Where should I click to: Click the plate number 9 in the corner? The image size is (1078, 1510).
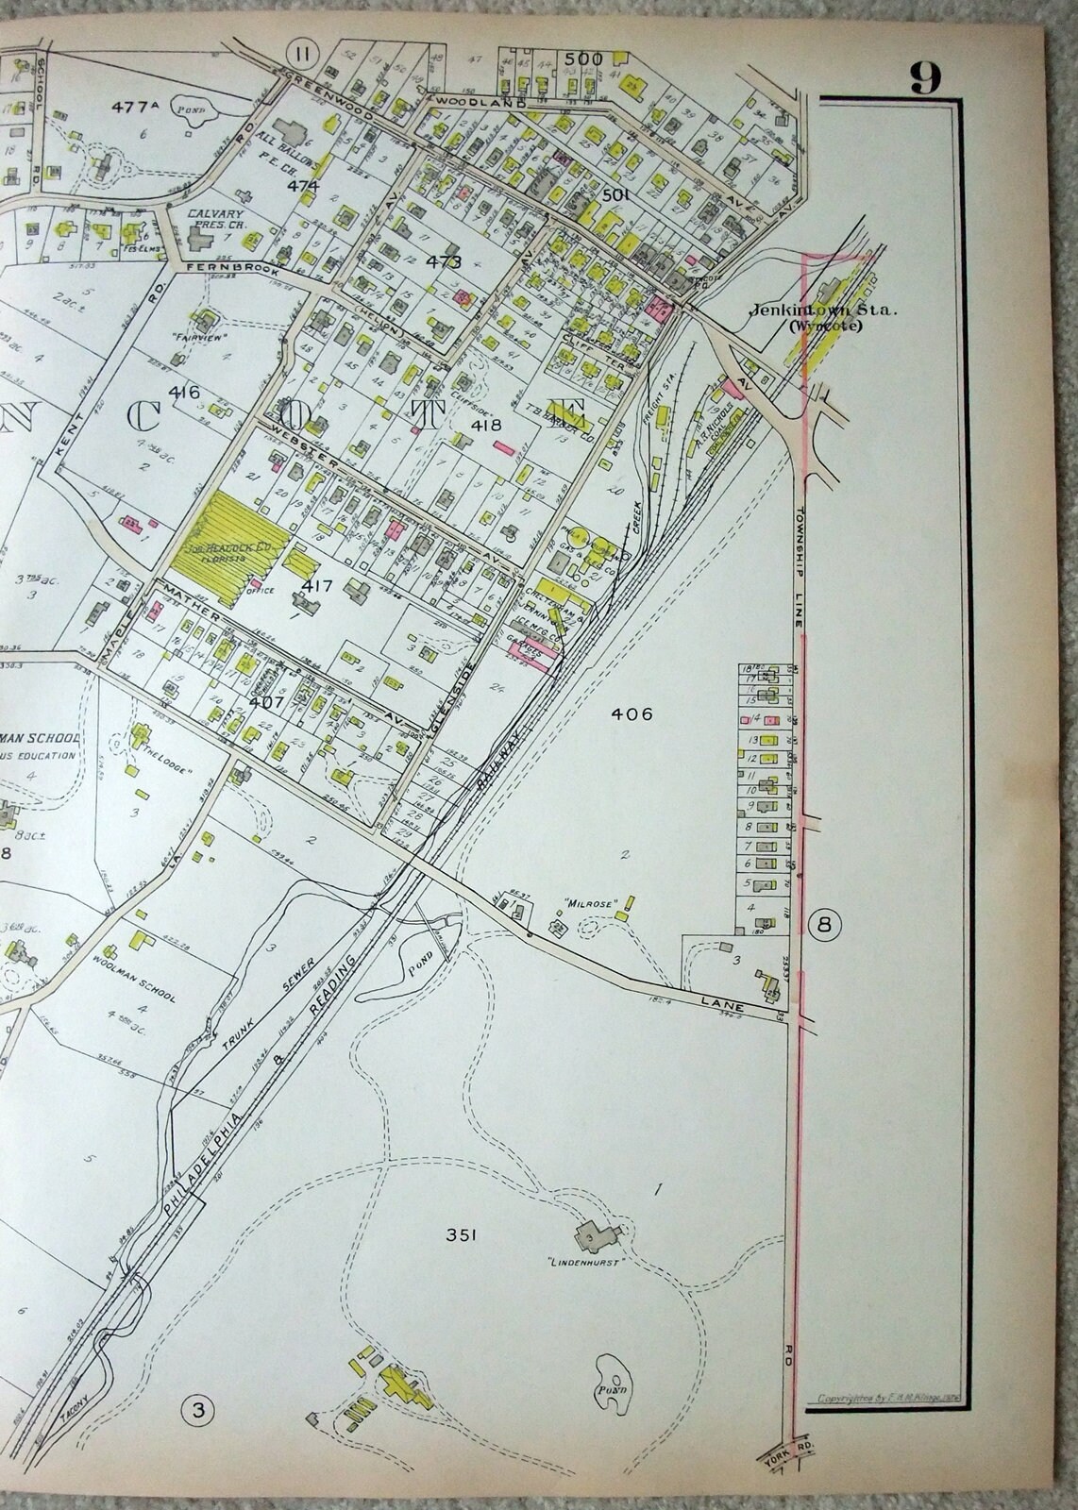click(925, 78)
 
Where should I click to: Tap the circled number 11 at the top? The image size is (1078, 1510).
click(302, 51)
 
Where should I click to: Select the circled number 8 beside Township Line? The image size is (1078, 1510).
click(824, 924)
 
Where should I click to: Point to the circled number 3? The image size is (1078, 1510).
click(198, 1411)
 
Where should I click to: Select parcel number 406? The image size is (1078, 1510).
click(632, 713)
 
